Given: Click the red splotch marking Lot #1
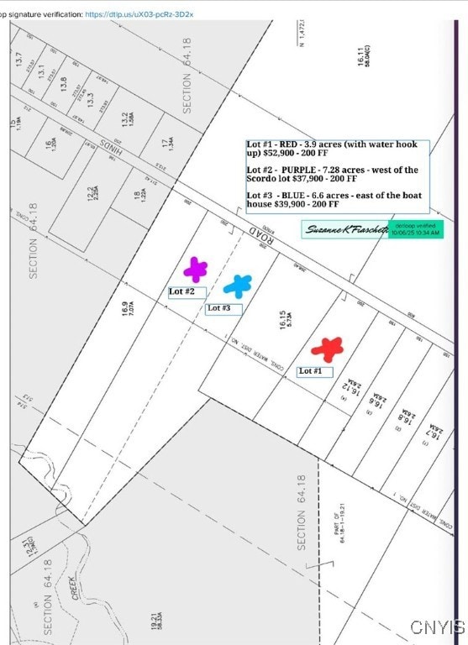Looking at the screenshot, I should point(327,348).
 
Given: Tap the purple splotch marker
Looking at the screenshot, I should point(196,270).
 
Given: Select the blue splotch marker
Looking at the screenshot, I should point(238,286).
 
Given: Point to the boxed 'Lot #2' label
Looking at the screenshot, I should point(186,292).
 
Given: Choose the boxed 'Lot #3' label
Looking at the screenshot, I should point(223,309).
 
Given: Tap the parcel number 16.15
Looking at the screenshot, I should point(284,320).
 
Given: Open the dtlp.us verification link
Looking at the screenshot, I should point(139,14).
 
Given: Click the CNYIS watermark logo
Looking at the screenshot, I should point(437,627).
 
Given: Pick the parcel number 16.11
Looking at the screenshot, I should point(360,57).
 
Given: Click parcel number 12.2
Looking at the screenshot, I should point(92,196).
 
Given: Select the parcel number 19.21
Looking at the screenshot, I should point(155,622).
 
